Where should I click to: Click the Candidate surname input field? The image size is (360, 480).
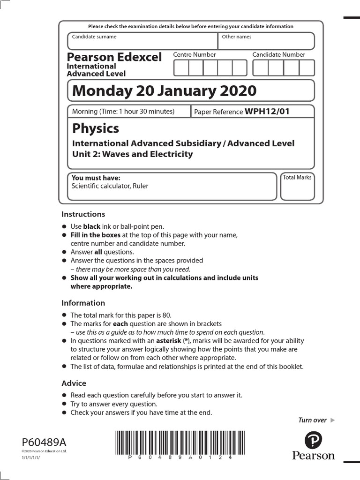(142, 41)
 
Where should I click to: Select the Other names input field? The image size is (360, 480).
(266, 41)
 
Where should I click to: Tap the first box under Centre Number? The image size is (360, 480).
(181, 68)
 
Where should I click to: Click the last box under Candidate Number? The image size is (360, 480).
(307, 68)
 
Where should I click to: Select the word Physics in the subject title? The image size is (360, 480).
(96, 128)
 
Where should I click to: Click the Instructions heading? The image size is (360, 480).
(83, 214)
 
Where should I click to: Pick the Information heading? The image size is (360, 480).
(83, 303)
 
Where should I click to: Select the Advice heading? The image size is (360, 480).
(74, 383)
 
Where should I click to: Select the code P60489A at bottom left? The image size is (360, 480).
(44, 442)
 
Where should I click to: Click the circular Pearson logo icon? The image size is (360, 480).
(313, 440)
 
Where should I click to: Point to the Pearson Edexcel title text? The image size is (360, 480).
(114, 57)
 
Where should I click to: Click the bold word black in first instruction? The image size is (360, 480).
(92, 226)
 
